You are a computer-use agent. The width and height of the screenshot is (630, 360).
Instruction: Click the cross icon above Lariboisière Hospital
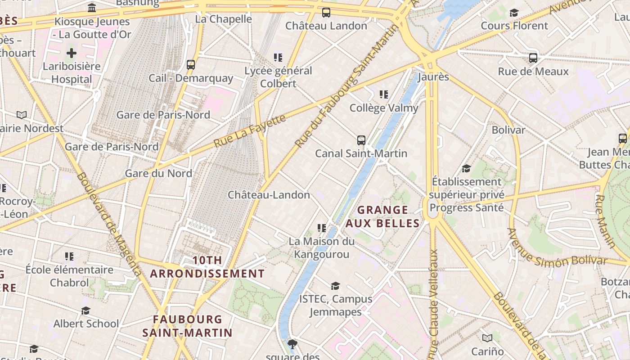(x=71, y=54)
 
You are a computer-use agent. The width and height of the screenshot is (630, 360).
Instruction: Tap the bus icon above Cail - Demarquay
(x=191, y=65)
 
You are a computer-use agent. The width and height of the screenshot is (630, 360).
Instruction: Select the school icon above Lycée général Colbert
(x=278, y=58)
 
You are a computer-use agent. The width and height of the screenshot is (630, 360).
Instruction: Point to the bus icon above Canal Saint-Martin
(x=361, y=140)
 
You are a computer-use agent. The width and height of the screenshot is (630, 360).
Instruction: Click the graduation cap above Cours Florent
(x=514, y=13)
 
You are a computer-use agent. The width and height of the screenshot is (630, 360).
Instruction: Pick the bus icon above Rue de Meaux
(x=533, y=58)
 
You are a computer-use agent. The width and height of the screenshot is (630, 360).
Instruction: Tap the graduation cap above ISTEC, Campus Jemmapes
(x=335, y=286)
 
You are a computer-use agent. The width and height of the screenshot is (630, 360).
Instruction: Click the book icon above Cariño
(x=487, y=338)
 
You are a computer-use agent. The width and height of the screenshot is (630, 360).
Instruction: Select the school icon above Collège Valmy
(x=383, y=94)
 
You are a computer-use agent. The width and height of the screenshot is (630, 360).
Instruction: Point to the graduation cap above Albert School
(x=85, y=310)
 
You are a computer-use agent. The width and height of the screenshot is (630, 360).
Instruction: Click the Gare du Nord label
(x=158, y=173)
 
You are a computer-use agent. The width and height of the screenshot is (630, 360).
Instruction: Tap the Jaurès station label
(x=433, y=77)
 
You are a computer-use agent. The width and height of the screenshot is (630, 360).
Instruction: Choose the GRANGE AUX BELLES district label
(x=382, y=216)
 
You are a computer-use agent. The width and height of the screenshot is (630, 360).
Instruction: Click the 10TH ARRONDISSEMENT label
(x=207, y=267)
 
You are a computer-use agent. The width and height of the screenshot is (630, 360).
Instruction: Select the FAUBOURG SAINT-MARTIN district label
(x=187, y=326)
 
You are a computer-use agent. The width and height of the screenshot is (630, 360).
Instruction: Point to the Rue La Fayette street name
(x=250, y=131)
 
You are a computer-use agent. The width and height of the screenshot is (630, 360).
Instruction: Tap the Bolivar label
(x=508, y=130)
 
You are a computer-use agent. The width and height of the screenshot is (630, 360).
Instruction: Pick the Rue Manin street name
(x=605, y=221)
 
